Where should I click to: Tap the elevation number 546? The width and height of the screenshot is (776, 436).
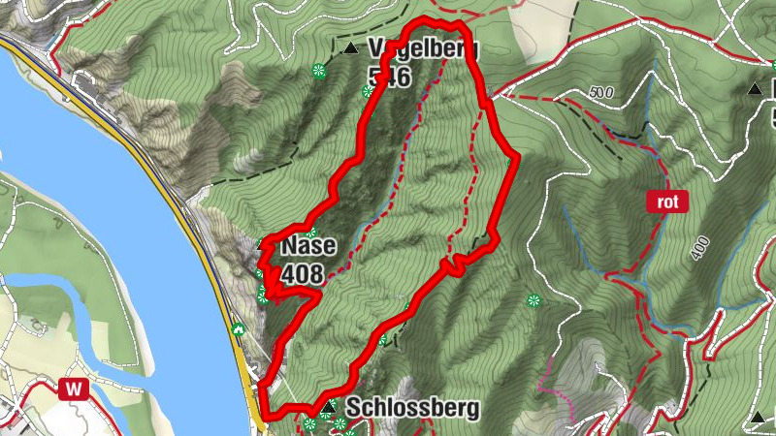click(x=390, y=77)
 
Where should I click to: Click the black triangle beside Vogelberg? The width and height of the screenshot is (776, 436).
click(x=350, y=47)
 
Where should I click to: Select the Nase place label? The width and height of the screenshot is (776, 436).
click(x=308, y=247)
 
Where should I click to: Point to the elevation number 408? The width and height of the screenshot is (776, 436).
click(x=302, y=275)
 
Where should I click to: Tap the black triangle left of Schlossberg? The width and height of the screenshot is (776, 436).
click(x=330, y=406)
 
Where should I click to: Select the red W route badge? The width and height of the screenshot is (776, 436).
click(x=73, y=389)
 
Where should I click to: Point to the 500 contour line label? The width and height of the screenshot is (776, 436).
click(x=601, y=93)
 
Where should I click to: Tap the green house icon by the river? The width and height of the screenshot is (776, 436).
click(x=238, y=328)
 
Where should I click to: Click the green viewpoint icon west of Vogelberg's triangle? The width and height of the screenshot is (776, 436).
click(x=318, y=70)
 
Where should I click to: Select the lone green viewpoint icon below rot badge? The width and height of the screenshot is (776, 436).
click(x=533, y=300)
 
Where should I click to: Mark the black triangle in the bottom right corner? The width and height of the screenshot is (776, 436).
click(x=757, y=419)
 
